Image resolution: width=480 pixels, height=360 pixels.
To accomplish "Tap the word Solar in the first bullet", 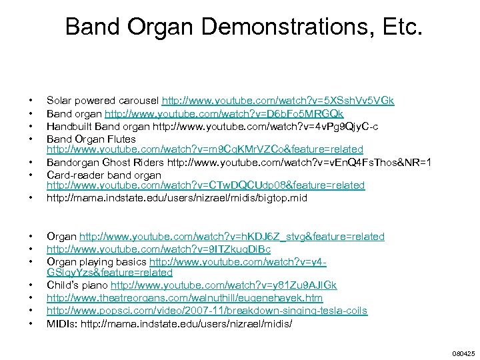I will (58, 101).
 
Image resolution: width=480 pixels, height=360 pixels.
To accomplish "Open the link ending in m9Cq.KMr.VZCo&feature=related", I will (205, 149).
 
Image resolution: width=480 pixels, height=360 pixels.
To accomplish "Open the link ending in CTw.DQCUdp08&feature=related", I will (205, 185).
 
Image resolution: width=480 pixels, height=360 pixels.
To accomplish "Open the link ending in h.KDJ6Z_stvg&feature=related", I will (232, 237).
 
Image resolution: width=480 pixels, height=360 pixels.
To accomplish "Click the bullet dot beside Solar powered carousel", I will (31, 102).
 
